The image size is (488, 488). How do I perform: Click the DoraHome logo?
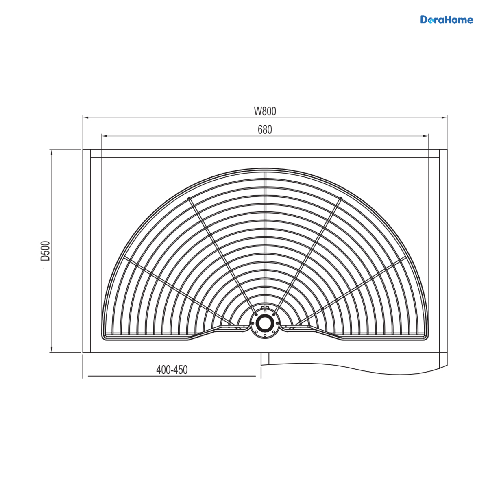click(447, 20)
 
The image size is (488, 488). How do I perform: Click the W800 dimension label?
click(265, 111)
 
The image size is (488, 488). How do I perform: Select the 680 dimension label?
click(265, 130)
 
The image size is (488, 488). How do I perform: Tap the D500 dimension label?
click(46, 251)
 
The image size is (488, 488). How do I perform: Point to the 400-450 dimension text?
click(172, 370)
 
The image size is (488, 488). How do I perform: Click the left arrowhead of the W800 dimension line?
click(86, 118)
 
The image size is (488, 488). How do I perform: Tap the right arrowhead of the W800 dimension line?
click(444, 118)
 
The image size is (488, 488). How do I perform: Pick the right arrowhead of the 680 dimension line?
click(425, 136)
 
